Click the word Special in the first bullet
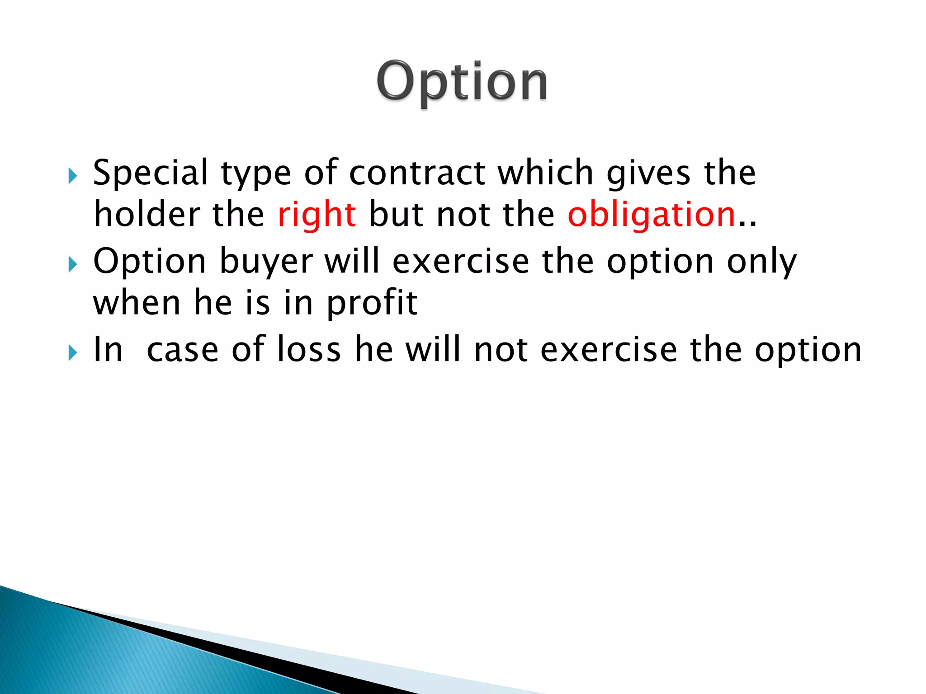tap(151, 173)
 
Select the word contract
tap(417, 173)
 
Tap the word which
tap(545, 173)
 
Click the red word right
tap(317, 216)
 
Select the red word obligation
tap(652, 216)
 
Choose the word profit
tap(372, 304)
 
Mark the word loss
tap(309, 350)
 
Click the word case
tap(183, 351)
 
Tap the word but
tap(396, 215)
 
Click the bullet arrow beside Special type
tap(72, 176)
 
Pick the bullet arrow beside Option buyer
tap(72, 264)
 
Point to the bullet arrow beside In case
tap(72, 352)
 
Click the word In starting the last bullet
tap(108, 350)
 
